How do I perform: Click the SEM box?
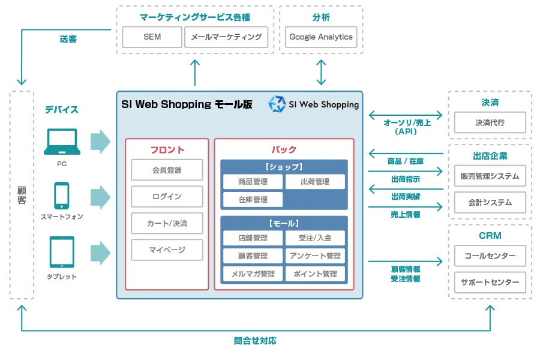[152, 37]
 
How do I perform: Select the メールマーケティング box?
[226, 37]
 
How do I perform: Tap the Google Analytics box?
[321, 37]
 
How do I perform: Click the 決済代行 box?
[490, 122]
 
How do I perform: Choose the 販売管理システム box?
[490, 176]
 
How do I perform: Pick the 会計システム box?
[490, 202]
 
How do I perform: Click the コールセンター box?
[490, 256]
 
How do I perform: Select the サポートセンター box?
[490, 282]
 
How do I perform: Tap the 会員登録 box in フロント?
[167, 170]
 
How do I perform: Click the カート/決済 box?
[167, 223]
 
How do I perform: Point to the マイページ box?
[167, 250]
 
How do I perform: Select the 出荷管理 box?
[315, 182]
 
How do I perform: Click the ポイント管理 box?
[315, 274]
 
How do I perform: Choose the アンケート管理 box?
[315, 256]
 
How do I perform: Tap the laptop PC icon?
[62, 142]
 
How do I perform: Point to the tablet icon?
[62, 251]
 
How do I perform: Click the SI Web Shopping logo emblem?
[277, 104]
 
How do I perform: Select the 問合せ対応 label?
[255, 341]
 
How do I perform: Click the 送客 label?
[68, 39]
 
